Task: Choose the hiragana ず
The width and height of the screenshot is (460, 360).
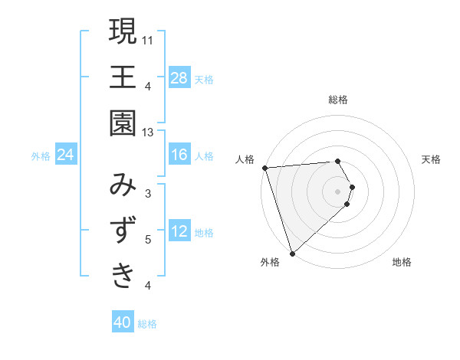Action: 123,230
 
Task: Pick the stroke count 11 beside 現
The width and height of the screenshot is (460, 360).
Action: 148,40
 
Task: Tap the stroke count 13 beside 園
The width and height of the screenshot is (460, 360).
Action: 148,133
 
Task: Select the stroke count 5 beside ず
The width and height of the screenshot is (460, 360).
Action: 148,240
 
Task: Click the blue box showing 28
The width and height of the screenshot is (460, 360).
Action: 179,77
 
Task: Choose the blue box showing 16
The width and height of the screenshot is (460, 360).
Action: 179,155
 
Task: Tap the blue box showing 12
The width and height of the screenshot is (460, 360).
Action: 179,231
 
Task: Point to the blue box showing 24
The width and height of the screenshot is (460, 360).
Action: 66,155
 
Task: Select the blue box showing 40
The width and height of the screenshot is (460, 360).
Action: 123,322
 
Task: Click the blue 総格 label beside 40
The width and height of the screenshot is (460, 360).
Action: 148,324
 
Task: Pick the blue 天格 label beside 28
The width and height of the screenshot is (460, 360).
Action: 204,79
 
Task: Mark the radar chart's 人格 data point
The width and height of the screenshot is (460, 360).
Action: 264,168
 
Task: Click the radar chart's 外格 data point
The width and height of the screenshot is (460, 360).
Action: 292,252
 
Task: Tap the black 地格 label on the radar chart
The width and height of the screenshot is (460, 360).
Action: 402,262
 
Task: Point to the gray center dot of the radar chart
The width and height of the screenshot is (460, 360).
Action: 338,190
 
